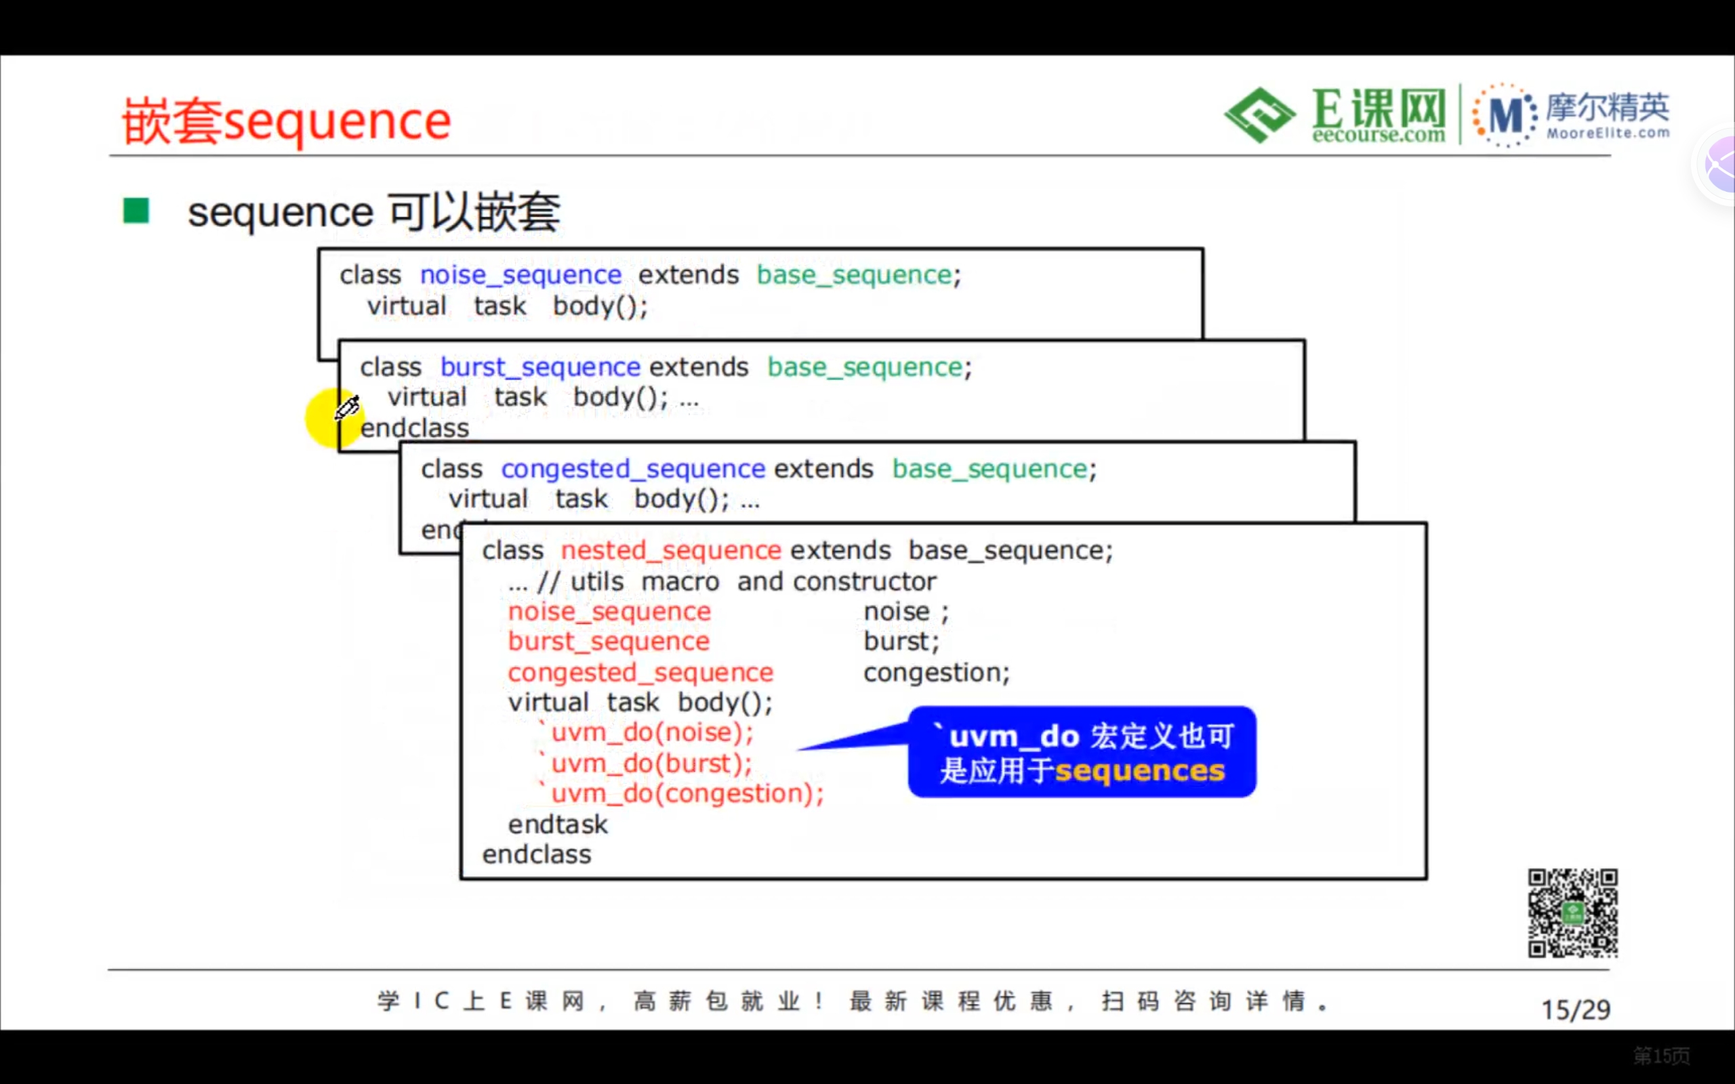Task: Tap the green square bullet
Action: point(136,211)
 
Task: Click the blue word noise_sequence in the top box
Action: point(520,275)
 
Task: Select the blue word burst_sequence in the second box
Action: point(539,367)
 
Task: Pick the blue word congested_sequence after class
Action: point(632,469)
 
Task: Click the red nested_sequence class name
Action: point(670,551)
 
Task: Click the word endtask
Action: point(557,825)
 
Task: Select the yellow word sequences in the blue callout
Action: point(1139,772)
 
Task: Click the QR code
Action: point(1572,913)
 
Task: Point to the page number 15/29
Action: point(1575,1010)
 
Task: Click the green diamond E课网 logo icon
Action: point(1259,114)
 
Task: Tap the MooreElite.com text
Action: point(1608,133)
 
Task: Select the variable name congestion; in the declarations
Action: point(935,673)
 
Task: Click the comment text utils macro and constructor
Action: point(753,581)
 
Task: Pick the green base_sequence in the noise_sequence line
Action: point(853,275)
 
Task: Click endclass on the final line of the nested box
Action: point(536,854)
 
